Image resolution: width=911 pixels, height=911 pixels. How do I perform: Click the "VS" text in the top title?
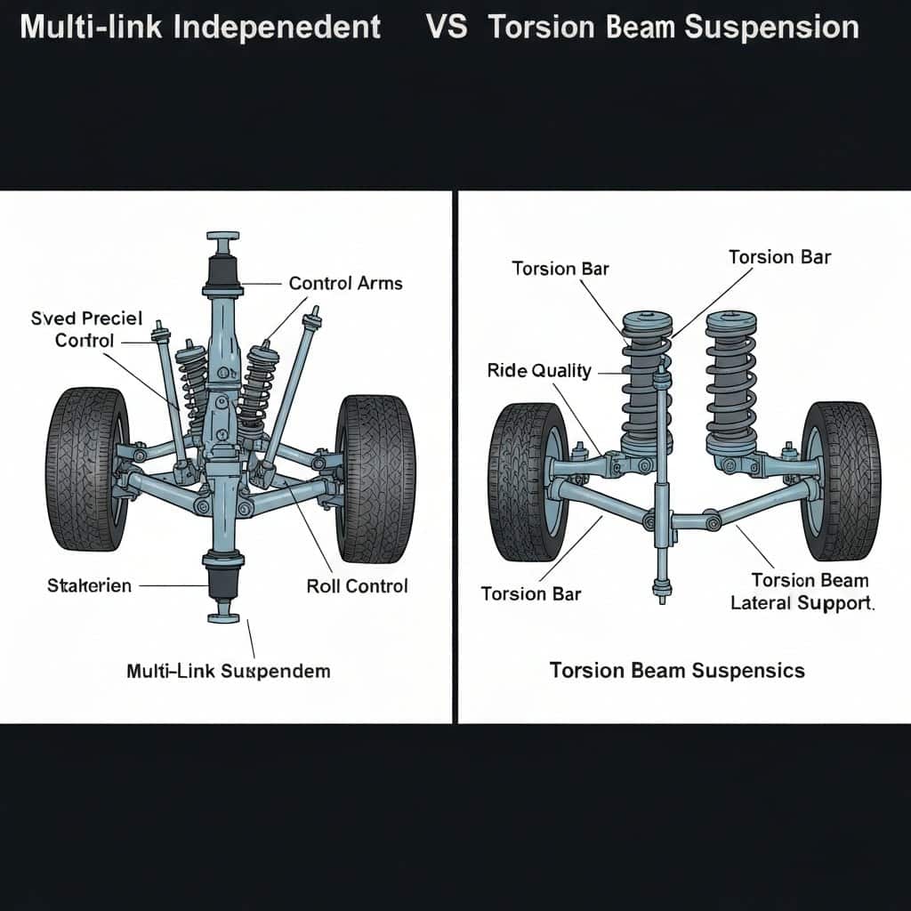[447, 27]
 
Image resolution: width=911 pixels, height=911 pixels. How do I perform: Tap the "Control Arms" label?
[345, 284]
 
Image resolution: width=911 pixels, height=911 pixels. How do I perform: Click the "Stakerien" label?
[88, 585]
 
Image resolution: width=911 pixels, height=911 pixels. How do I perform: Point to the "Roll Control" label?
[357, 585]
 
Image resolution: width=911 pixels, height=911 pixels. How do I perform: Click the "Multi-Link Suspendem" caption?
[228, 671]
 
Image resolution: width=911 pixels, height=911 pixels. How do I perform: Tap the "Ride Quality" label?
[539, 371]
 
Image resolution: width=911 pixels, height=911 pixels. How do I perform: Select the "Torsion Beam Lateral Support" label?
[802, 592]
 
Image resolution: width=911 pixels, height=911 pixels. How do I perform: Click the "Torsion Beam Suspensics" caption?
[677, 670]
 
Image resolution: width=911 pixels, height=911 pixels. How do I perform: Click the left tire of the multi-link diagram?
[87, 469]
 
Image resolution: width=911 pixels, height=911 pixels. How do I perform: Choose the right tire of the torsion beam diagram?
[840, 480]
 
